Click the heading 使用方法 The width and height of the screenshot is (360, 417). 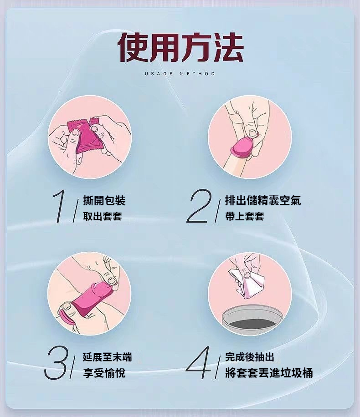point(180,48)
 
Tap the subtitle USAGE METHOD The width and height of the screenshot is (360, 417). point(180,74)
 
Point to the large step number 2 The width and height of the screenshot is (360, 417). point(199,206)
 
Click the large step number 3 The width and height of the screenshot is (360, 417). point(57,363)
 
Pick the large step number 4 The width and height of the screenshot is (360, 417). point(199,363)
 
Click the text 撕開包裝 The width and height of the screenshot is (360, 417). point(104,200)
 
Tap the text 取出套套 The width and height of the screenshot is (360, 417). point(103,216)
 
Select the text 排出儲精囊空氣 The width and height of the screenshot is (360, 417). point(263,200)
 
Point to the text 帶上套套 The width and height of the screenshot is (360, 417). point(244,216)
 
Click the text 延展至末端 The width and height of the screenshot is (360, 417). point(107,357)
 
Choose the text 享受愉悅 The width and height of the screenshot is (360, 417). point(104,373)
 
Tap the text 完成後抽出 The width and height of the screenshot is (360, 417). point(250,357)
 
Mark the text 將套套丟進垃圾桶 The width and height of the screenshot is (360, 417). point(269,373)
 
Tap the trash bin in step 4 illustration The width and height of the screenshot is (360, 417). point(252,320)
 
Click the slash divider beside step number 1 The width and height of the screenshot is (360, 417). point(76,211)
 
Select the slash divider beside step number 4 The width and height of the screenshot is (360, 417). point(217,367)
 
